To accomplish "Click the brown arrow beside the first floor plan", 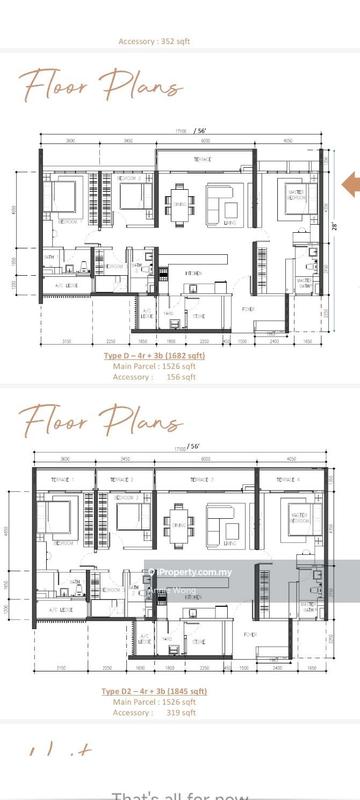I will (351, 183).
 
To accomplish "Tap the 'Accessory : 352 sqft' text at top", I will (179, 42).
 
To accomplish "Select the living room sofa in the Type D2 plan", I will (220, 523).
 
